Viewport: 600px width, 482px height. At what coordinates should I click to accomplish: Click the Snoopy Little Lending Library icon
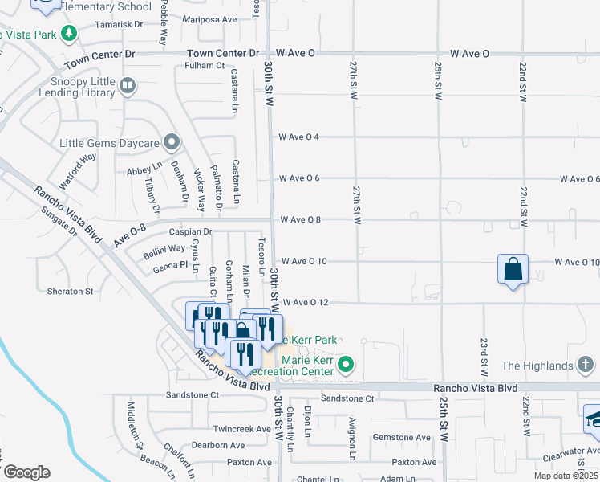click(128, 84)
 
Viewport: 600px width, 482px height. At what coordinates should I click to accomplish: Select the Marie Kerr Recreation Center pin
click(346, 365)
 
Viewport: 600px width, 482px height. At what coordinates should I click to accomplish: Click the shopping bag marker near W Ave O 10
click(513, 270)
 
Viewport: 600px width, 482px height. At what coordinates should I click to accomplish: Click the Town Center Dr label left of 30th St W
click(224, 54)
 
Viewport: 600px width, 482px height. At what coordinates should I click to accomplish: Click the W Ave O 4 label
click(300, 137)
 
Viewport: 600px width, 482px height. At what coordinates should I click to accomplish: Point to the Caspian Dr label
click(190, 231)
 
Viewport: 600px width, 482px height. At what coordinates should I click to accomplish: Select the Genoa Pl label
click(170, 264)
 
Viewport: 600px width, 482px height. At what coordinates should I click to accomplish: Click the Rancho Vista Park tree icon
click(70, 33)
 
